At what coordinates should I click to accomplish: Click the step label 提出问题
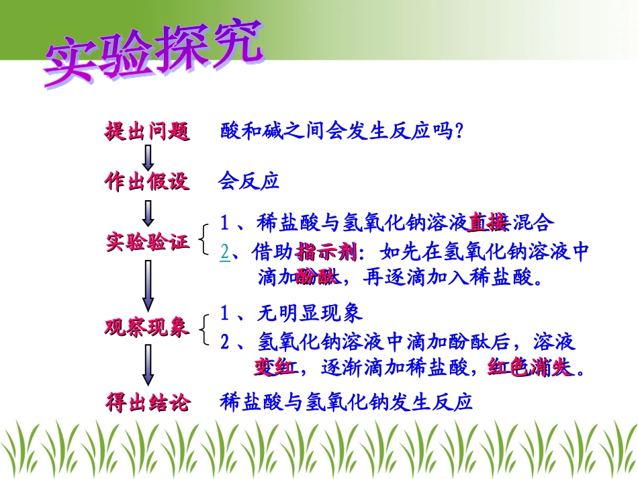point(147,131)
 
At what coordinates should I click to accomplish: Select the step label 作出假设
point(147,181)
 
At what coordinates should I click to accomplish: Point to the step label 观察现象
point(147,327)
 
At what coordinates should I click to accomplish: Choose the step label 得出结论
point(148,402)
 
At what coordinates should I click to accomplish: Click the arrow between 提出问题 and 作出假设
point(148,157)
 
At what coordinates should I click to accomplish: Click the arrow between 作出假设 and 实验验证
point(148,212)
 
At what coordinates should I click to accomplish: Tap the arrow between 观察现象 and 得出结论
point(148,366)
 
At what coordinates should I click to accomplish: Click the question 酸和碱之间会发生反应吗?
point(343,131)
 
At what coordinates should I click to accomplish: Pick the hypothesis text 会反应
point(248,181)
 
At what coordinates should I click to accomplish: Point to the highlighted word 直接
point(488,222)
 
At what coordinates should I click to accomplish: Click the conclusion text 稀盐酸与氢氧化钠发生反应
point(347,402)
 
